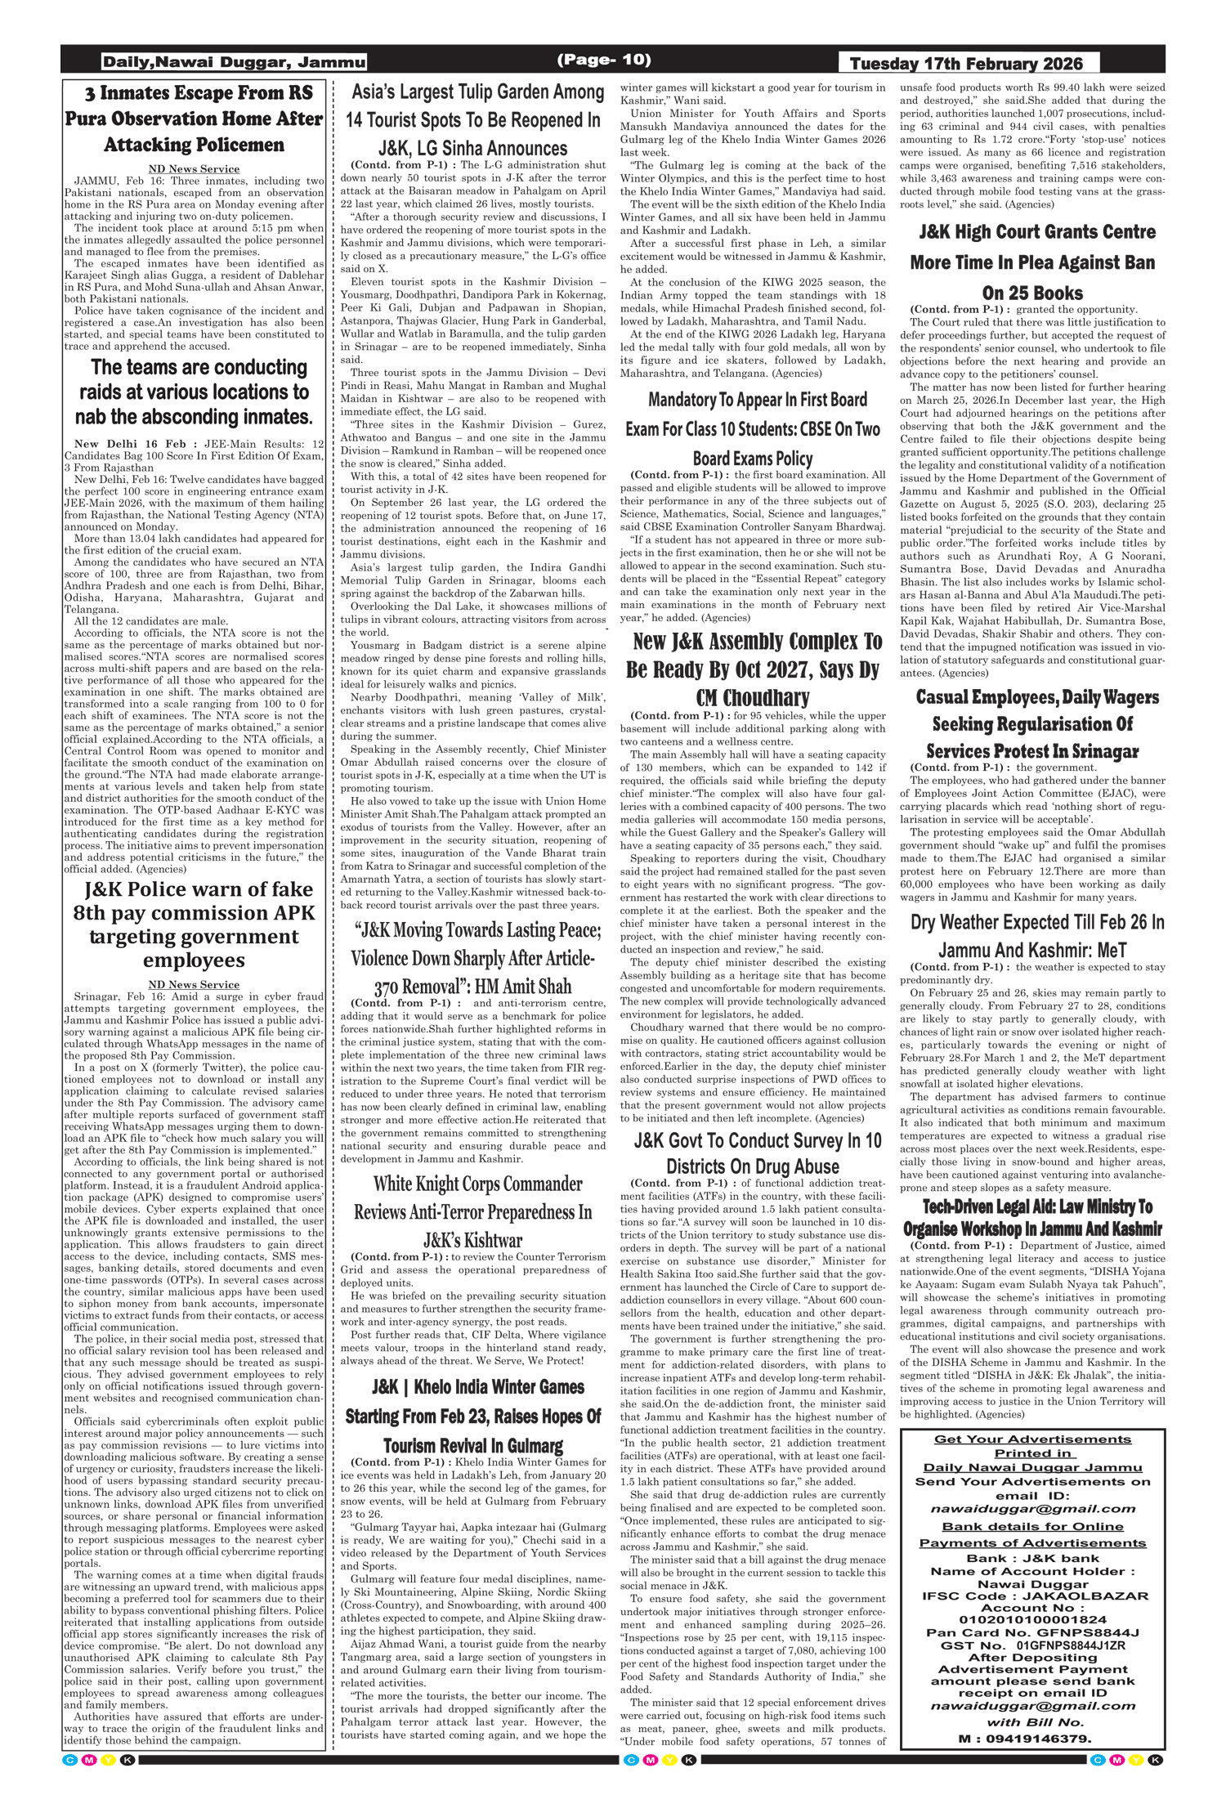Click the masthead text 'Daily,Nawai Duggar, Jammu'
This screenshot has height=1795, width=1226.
click(x=233, y=62)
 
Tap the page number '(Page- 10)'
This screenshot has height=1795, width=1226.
click(x=604, y=60)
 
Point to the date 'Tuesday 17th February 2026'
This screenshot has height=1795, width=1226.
click(x=966, y=64)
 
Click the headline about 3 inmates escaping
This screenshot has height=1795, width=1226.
click(x=194, y=119)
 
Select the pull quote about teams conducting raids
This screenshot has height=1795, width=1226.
click(x=194, y=392)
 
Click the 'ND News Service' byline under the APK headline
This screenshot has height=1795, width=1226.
click(x=194, y=984)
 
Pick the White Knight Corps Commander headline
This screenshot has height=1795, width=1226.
click(x=473, y=1211)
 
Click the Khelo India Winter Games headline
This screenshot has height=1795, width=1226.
click(x=473, y=1416)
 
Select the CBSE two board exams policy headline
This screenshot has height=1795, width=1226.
click(x=753, y=428)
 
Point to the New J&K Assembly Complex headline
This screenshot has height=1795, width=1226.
click(x=753, y=669)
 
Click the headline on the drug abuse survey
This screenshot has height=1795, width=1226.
click(x=753, y=1153)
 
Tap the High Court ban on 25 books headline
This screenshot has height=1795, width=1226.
click(x=1032, y=262)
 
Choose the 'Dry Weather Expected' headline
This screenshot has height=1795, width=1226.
click(x=1032, y=935)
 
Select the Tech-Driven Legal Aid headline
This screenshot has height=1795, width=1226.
click(x=1032, y=1217)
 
